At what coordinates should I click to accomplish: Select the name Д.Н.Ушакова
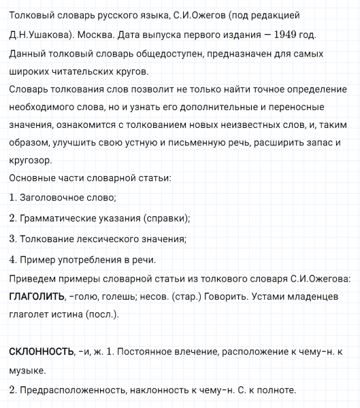pos(38,35)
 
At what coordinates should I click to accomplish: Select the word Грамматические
pos(62,218)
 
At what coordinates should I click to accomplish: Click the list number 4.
pos(13,259)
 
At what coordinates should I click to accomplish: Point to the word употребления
pos(88,259)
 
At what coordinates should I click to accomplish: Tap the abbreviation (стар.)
pos(192,297)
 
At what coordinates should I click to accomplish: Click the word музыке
pos(28,371)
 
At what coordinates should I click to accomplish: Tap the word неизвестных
pos(212,125)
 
